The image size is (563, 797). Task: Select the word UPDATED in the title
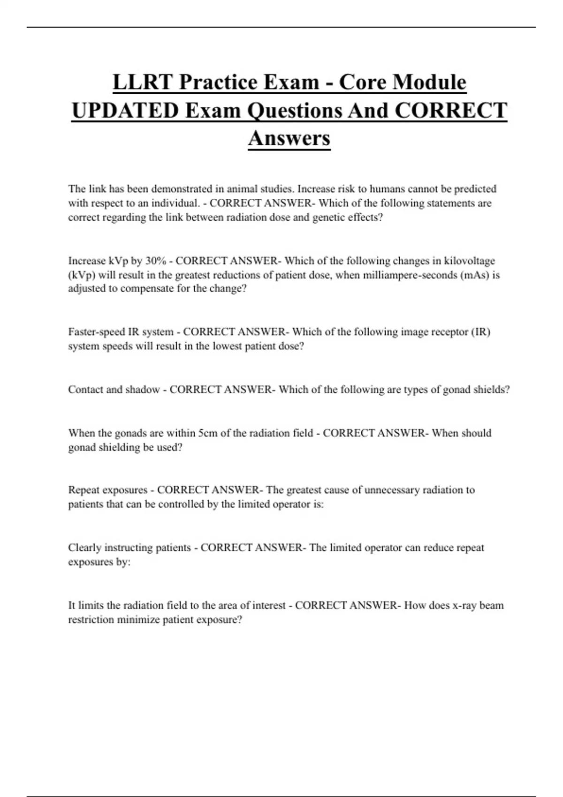tap(125, 111)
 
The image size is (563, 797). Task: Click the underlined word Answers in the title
tap(289, 138)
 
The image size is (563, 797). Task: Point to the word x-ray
tap(464, 605)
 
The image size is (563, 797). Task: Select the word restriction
tap(91, 620)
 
